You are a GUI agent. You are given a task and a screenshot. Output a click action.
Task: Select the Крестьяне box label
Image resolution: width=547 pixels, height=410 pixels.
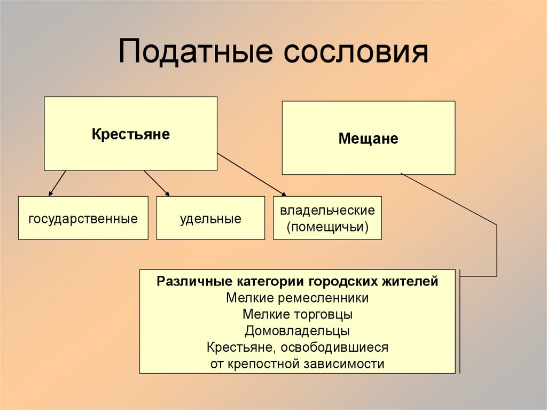tap(130, 134)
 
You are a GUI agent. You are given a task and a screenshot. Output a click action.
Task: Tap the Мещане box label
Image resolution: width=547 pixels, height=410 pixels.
tap(368, 139)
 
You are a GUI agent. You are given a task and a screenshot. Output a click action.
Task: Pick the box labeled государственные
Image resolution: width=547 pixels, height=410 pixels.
tap(83, 218)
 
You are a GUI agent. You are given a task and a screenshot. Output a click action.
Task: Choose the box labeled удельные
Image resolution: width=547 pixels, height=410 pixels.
tap(210, 218)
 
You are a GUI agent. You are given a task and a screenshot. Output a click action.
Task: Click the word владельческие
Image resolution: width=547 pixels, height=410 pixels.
tap(327, 210)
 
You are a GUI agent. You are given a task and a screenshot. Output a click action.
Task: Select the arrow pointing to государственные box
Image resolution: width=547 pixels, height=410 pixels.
tap(57, 183)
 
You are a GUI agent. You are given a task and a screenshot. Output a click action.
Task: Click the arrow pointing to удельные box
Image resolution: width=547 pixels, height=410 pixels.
tap(156, 183)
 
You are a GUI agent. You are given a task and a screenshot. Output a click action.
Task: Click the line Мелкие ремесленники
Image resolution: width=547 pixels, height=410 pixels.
tap(297, 298)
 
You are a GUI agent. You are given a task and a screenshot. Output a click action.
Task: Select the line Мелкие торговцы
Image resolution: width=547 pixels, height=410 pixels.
tap(297, 314)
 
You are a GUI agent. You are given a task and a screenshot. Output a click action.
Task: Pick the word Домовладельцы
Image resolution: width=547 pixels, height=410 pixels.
tap(297, 331)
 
